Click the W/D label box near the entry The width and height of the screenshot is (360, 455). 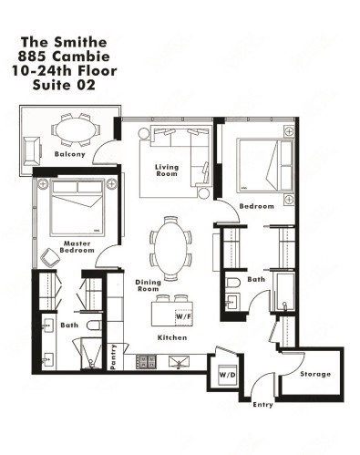point(226,373)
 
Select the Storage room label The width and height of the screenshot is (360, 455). point(315,374)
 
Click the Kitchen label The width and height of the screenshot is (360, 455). point(172,338)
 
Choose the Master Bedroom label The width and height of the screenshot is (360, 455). point(77,244)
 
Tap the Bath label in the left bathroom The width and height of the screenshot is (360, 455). point(69,324)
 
